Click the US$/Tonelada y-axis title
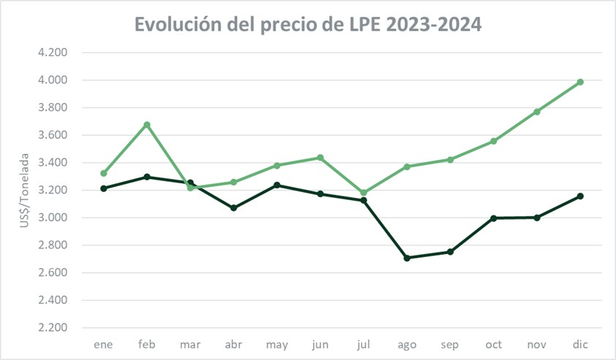25,190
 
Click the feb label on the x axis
147,344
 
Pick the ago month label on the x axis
407,344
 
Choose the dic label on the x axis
580,344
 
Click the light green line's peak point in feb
147,125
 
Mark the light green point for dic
580,82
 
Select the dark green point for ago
407,258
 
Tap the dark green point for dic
580,196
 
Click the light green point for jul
364,193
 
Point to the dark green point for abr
234,208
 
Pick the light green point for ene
104,173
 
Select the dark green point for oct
494,218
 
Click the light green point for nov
537,112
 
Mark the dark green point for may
277,185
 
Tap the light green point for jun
320,158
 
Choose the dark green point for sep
450,252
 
